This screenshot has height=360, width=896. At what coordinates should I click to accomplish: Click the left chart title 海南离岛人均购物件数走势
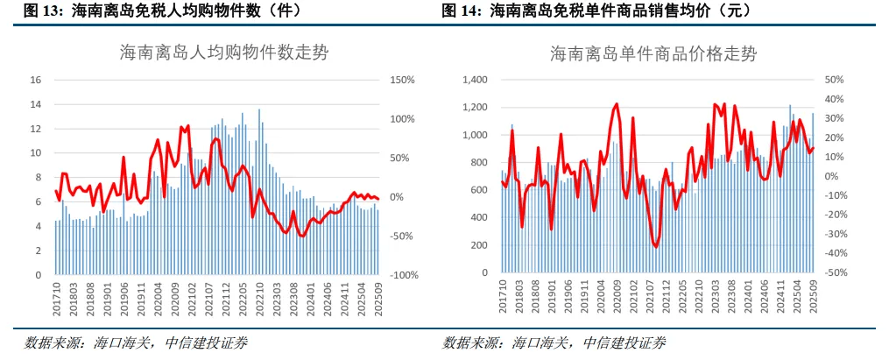(x=224, y=53)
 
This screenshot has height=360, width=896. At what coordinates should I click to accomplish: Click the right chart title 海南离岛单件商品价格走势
(x=653, y=54)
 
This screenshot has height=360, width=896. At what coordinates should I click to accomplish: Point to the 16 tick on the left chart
(x=35, y=80)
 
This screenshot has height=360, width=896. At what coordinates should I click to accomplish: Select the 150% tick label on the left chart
(x=403, y=80)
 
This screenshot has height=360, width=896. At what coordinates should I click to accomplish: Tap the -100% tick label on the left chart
(x=405, y=275)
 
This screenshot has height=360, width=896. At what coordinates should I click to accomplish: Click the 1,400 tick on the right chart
(x=476, y=80)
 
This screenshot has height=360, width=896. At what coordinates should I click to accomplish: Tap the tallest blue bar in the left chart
(x=259, y=192)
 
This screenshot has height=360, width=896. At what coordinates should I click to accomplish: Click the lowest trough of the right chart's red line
(x=655, y=247)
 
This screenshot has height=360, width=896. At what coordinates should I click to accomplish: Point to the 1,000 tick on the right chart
(x=476, y=136)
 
